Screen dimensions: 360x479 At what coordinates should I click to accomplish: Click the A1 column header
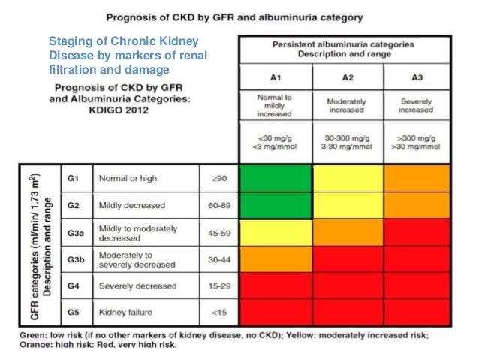(274, 77)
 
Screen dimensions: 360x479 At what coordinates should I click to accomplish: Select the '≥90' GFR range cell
(218, 179)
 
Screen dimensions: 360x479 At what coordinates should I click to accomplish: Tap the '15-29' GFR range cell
(218, 286)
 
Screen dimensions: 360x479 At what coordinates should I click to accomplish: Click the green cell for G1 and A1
(275, 179)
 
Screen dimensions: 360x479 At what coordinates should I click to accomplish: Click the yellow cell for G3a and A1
(275, 232)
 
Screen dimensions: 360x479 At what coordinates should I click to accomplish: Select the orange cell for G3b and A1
(275, 259)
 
